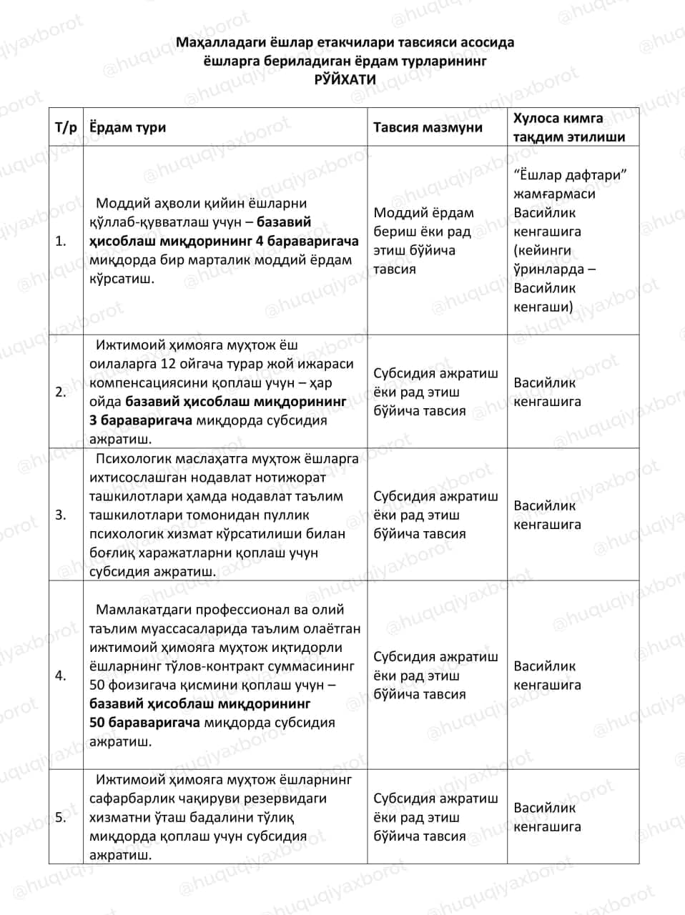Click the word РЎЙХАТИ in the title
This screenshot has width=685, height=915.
(345, 80)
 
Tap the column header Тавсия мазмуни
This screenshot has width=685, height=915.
(428, 128)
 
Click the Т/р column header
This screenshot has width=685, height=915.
(65, 128)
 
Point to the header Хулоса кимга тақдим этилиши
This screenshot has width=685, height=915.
(569, 128)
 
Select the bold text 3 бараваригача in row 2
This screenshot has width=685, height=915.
(141, 420)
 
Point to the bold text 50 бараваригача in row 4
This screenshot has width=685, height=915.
(144, 723)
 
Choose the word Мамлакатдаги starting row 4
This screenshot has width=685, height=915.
(139, 610)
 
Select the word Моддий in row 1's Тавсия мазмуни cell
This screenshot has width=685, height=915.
(395, 213)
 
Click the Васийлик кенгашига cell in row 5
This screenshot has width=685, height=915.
(547, 817)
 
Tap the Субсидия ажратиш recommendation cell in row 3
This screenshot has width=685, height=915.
(435, 515)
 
